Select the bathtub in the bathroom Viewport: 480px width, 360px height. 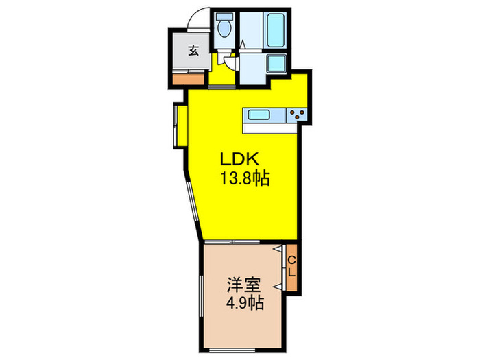[x=276, y=32]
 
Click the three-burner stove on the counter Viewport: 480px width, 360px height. [x=298, y=115]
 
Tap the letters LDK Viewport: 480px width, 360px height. [x=238, y=158]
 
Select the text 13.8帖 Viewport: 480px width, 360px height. [x=243, y=179]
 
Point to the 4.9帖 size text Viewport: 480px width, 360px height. [x=243, y=302]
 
